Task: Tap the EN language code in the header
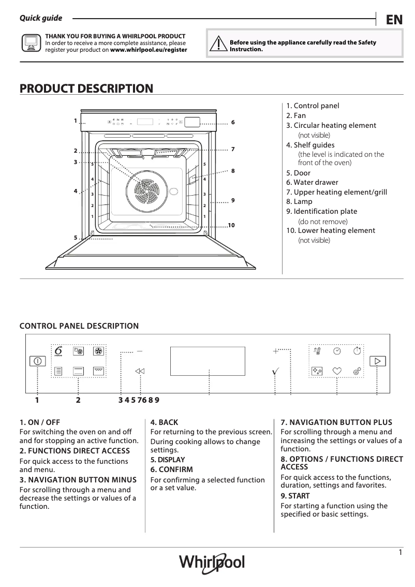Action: (394, 20)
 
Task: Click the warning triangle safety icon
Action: (219, 45)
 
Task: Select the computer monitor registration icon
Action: (31, 43)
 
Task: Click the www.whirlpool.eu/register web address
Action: (149, 50)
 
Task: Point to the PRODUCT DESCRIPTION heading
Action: (86, 89)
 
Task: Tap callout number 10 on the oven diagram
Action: (231, 225)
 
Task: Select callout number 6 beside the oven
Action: (233, 122)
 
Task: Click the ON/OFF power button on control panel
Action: (38, 361)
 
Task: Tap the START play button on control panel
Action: (378, 361)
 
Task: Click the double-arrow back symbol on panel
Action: (140, 371)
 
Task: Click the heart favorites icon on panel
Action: (337, 371)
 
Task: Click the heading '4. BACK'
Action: (164, 422)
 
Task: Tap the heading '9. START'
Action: (295, 496)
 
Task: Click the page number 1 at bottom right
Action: (400, 552)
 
